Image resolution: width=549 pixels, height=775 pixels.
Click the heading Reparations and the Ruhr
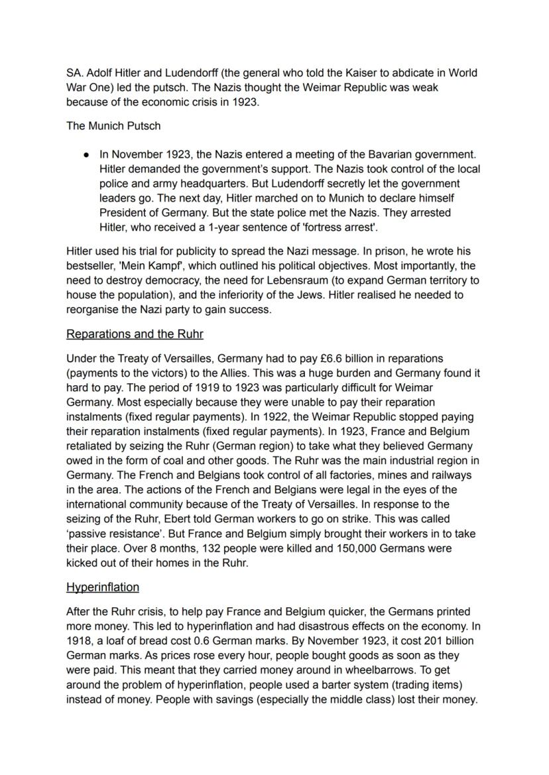pos(135,334)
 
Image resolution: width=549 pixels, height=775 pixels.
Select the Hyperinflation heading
pos(103,587)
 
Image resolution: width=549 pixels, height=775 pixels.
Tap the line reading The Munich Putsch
pos(113,125)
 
